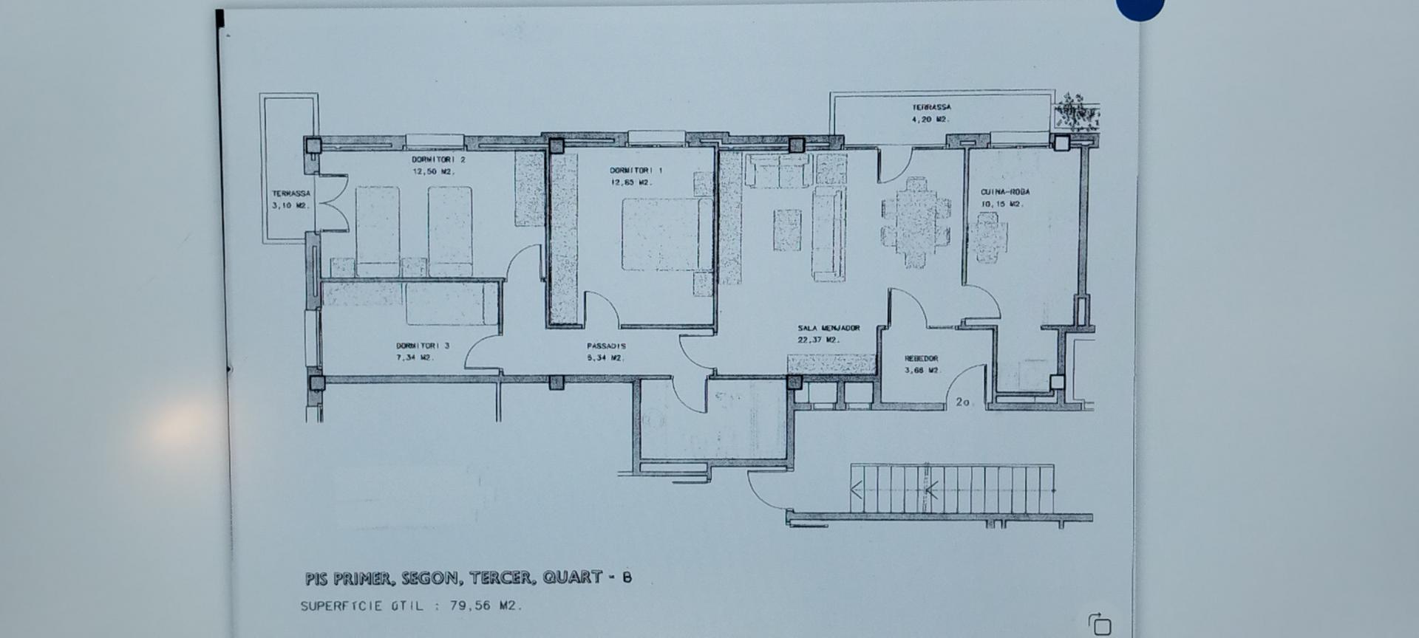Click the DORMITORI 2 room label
[438, 159]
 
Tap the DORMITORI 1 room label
[636, 171]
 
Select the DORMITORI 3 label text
[422, 346]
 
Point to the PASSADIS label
[606, 346]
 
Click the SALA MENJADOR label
[828, 328]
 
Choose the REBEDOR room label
[921, 359]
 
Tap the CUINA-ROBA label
[1005, 192]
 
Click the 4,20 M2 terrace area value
[930, 119]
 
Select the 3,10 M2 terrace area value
[290, 205]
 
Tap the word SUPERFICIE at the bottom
[341, 606]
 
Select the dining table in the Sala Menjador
[916, 222]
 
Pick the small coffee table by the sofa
[787, 230]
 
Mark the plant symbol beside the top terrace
[1076, 113]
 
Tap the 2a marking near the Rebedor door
[963, 402]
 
